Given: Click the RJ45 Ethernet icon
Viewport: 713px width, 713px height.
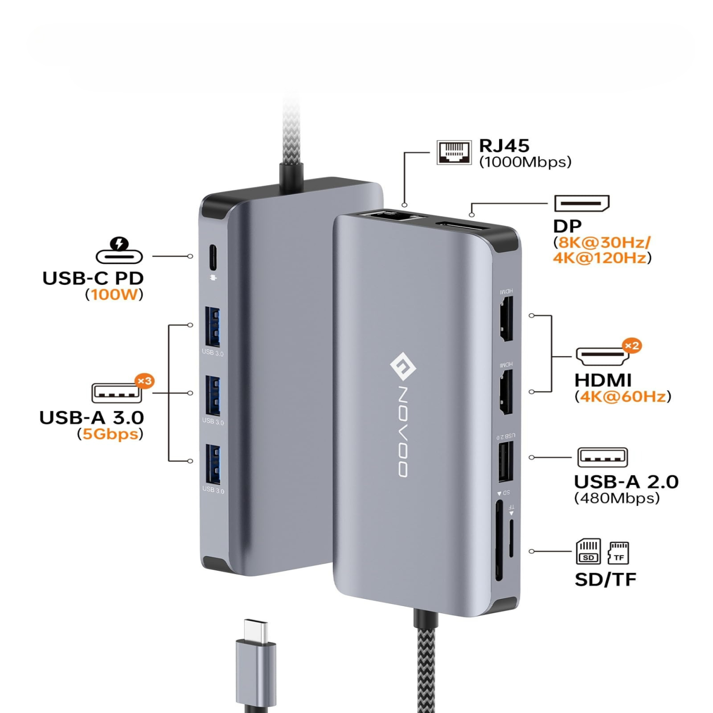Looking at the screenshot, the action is (x=454, y=152).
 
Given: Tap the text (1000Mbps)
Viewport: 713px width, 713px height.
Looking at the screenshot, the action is (x=525, y=162).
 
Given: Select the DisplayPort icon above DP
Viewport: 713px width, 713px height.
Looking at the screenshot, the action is (x=582, y=203).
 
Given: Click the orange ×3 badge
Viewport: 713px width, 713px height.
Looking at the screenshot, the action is (x=144, y=381).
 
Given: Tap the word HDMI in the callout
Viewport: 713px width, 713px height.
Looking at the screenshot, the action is (x=603, y=380).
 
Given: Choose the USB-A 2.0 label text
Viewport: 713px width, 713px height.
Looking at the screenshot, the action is (x=626, y=482).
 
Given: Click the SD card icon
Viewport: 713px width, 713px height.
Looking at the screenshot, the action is (x=588, y=552).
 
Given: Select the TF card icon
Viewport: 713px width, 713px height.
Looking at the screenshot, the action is (x=618, y=553).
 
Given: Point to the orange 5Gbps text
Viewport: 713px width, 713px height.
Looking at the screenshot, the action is (x=110, y=434).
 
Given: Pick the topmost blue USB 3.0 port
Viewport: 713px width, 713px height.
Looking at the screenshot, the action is (x=213, y=327).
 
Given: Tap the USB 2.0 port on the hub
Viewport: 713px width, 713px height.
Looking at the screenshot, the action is (x=505, y=462).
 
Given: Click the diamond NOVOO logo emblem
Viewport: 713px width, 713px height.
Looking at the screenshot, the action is (x=403, y=367).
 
